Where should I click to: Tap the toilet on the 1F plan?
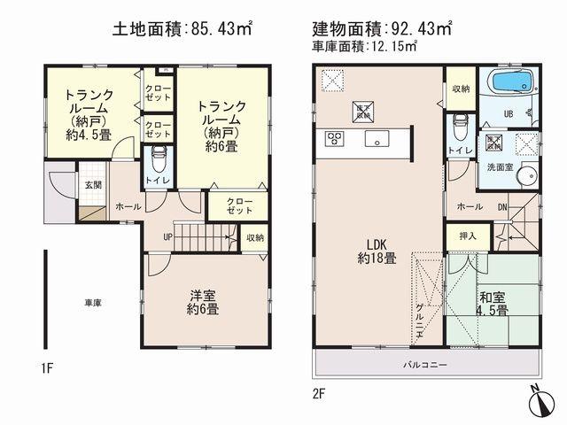tap(158, 163)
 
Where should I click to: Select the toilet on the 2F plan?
tap(460, 124)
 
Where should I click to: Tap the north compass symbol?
tap(539, 403)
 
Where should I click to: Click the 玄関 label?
tap(94, 185)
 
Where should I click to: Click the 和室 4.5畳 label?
tap(491, 304)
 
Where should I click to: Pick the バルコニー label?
tap(426, 364)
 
